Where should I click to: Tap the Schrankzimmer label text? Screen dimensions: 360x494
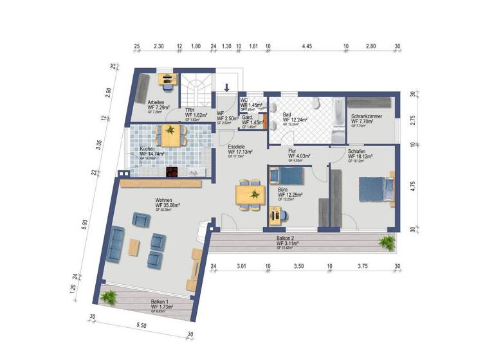click(367, 116)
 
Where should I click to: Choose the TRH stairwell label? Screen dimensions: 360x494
click(190, 110)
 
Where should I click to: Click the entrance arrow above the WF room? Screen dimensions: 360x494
click(227, 89)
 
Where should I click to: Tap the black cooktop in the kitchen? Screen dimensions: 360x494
click(172, 172)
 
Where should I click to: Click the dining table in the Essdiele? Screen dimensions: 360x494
click(249, 194)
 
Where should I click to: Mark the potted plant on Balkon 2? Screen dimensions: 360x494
click(387, 242)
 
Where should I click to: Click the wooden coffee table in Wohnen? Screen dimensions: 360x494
click(134, 247)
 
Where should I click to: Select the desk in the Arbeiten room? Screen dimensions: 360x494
click(167, 80)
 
